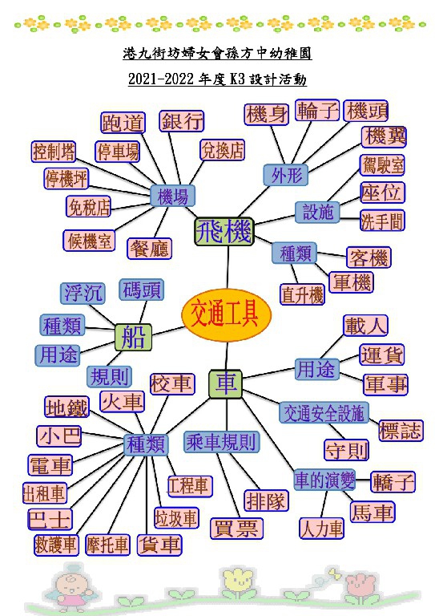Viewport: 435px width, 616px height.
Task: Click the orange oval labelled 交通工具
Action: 227,314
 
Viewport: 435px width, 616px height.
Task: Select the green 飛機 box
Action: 224,232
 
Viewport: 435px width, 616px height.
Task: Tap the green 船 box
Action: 133,337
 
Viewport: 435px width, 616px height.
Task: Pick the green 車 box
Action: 225,384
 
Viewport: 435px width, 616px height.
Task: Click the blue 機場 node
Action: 172,196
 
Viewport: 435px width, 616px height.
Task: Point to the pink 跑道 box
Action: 123,123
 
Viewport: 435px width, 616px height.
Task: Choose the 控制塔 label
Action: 54,152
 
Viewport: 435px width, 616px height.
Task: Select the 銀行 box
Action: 182,120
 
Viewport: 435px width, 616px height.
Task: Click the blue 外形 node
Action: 285,175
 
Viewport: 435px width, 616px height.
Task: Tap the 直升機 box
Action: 302,294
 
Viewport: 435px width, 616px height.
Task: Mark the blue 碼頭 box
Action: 141,290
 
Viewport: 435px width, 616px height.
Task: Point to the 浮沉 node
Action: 83,293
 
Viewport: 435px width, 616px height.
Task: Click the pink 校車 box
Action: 171,383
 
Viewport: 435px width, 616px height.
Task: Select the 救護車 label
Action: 55,545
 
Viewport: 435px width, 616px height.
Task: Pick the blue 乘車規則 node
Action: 222,442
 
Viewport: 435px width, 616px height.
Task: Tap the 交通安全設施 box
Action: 324,412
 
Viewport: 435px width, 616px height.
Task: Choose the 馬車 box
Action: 372,512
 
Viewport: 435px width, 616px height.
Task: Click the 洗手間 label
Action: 382,221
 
